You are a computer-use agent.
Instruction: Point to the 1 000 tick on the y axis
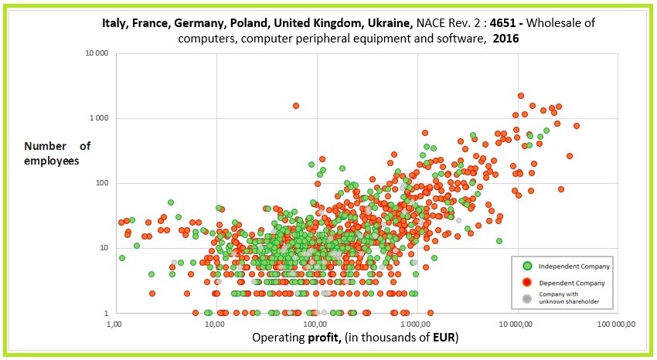tap(99, 118)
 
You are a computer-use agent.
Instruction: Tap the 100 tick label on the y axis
tap(102, 183)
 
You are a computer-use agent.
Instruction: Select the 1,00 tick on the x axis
tap(115, 324)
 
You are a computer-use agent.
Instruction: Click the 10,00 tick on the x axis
tap(216, 324)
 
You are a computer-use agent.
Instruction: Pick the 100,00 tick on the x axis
tap(316, 324)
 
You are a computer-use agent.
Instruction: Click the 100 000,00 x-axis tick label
tap(616, 324)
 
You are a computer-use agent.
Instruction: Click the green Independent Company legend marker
tap(525, 267)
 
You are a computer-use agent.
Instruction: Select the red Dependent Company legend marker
tap(525, 282)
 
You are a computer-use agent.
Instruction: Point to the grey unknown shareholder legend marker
tap(525, 298)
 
